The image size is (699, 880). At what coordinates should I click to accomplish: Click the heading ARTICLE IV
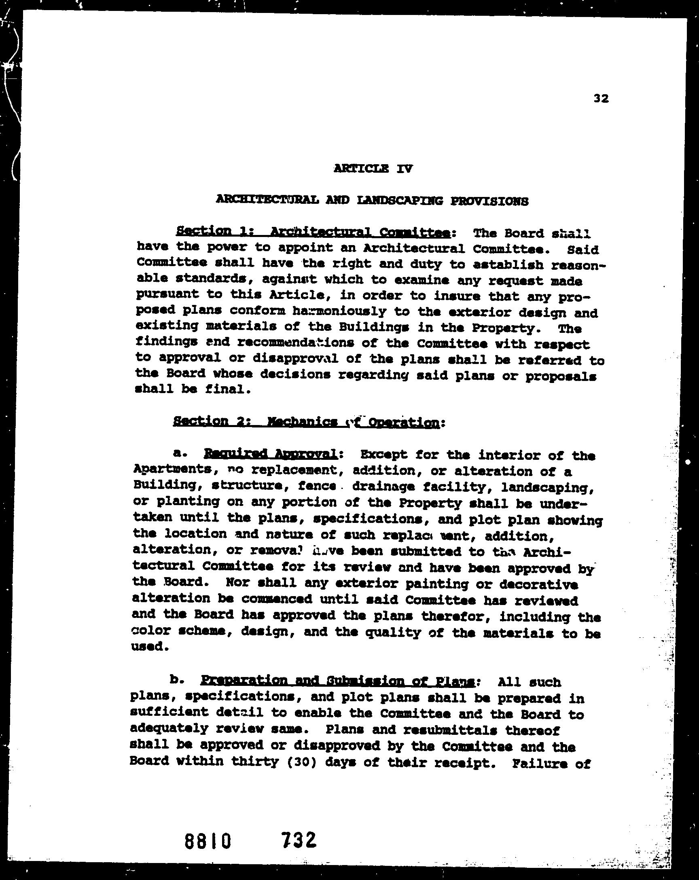(x=373, y=169)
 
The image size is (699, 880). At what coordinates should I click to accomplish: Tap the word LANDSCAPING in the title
(x=399, y=201)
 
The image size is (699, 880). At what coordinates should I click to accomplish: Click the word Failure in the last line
(x=535, y=763)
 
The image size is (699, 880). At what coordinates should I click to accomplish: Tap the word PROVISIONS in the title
(x=489, y=201)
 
